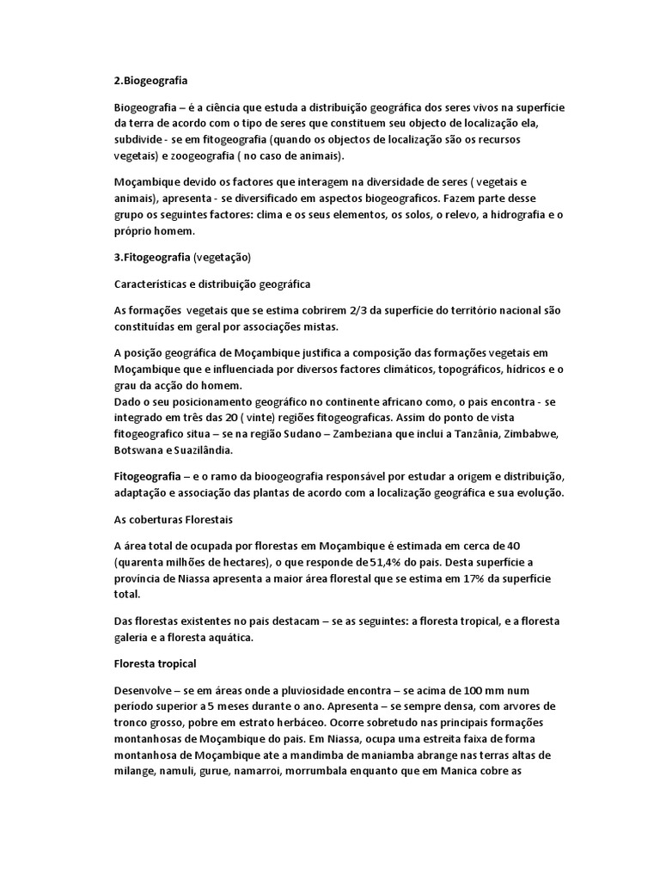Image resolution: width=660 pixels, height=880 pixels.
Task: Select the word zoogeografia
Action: (206, 156)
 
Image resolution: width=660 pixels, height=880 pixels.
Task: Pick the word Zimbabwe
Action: (533, 433)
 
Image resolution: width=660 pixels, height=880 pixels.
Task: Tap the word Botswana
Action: (140, 449)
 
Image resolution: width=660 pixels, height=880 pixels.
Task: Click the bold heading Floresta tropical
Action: (156, 663)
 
